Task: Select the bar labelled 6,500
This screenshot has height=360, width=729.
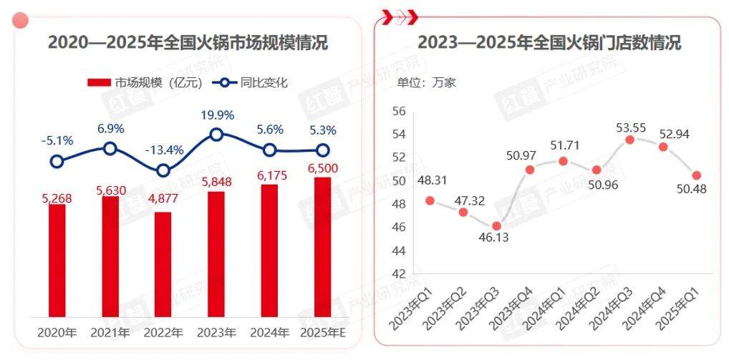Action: (323, 247)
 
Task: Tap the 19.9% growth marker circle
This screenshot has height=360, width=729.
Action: (216, 134)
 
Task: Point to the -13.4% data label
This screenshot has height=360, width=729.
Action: (164, 151)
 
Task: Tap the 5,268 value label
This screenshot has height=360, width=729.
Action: (57, 195)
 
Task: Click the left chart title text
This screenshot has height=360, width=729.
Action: (188, 43)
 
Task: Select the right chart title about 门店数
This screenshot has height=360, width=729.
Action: (549, 43)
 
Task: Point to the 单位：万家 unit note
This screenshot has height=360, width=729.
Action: (427, 82)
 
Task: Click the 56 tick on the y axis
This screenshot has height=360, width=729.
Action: (400, 111)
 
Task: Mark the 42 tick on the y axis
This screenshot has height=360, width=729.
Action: (400, 273)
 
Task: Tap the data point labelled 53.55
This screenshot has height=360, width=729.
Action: (629, 140)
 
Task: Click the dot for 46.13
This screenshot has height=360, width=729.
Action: (497, 225)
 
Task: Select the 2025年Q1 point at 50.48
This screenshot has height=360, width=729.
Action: (696, 175)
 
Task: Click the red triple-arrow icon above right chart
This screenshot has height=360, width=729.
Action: (400, 14)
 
